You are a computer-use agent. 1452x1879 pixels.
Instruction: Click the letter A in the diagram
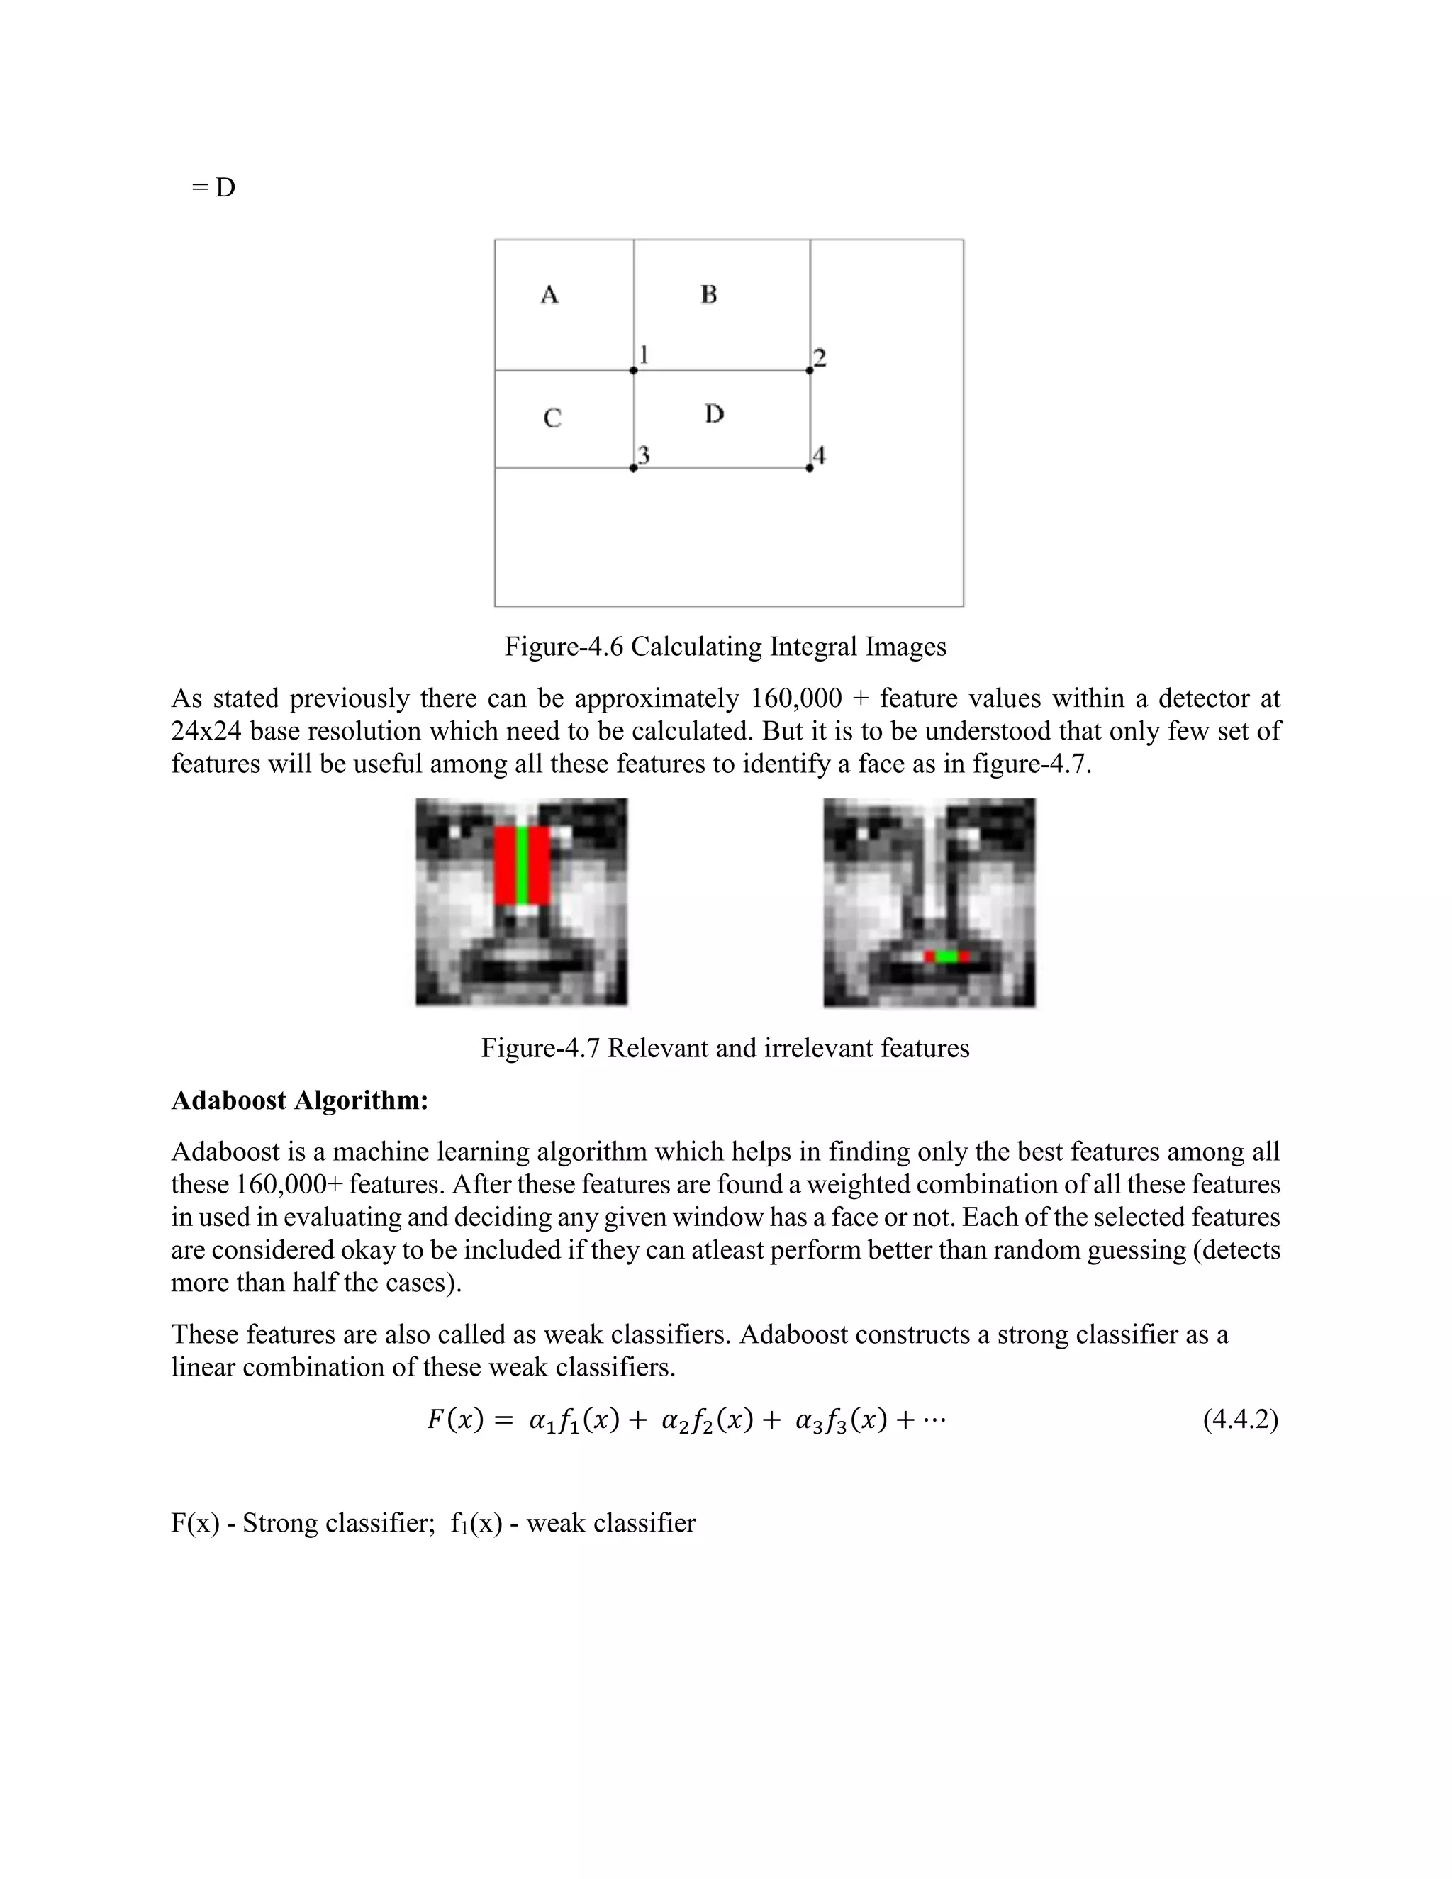click(549, 295)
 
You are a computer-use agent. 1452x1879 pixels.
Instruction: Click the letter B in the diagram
click(709, 294)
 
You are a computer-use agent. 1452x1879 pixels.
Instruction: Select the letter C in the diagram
click(552, 418)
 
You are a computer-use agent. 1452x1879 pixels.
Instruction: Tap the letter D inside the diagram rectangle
click(714, 415)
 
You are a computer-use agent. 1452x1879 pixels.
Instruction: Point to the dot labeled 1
click(634, 371)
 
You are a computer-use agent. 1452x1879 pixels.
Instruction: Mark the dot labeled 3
click(634, 468)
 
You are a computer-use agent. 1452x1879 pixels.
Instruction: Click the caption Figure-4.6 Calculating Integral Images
click(725, 646)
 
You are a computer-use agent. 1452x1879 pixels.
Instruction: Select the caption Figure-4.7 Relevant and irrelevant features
click(725, 1048)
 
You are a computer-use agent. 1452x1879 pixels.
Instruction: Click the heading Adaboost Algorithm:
click(299, 1100)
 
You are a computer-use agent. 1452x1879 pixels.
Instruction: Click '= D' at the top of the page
click(213, 188)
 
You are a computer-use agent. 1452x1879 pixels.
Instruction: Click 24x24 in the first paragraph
click(206, 731)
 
